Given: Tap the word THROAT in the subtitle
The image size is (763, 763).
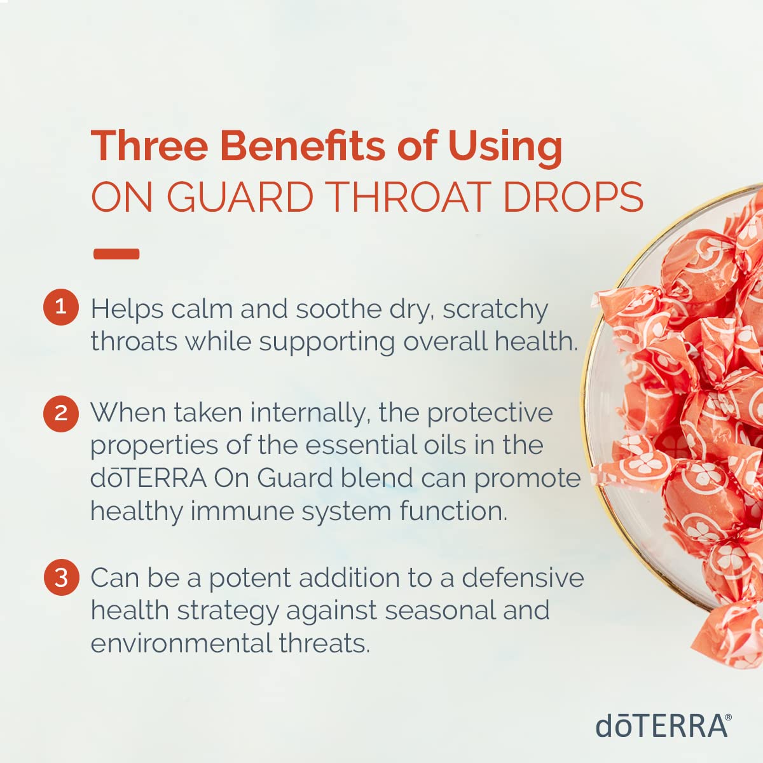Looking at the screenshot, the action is [409, 196].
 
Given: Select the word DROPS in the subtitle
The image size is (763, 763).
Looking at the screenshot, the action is [573, 196].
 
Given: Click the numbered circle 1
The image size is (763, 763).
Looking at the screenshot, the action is [61, 307].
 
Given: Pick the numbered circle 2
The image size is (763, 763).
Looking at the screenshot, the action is [61, 414].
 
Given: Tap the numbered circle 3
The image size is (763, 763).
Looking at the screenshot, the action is [62, 577].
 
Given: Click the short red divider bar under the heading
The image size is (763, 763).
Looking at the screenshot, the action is [116, 254].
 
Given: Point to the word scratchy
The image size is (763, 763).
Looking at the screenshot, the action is [495, 310].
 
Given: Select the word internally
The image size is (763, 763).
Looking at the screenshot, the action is [310, 413].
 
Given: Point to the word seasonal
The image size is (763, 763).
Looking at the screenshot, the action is [440, 610].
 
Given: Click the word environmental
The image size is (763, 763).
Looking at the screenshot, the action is [181, 643].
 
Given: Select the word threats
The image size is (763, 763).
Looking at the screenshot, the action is [325, 643].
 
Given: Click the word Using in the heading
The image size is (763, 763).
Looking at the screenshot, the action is [505, 148].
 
